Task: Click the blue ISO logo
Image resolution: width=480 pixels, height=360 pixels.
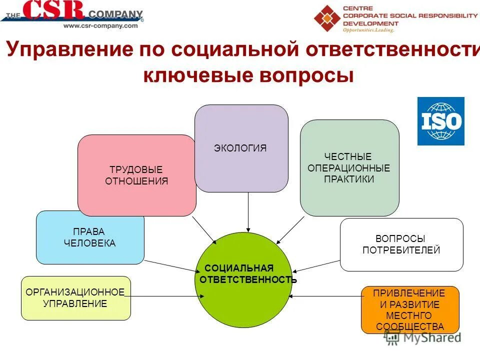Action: pos(440,121)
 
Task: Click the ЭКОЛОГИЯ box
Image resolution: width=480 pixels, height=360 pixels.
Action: pos(241,148)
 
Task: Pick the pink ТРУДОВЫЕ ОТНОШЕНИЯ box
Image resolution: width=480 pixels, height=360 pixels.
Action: pos(136,175)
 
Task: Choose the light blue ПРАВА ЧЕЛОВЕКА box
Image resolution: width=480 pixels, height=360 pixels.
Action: pos(90,237)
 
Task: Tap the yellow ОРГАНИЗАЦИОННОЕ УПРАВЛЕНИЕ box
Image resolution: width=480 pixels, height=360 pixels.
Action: pos(75,298)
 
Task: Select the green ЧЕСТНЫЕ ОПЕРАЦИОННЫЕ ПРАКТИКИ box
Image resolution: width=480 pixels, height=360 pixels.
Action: pos(349,168)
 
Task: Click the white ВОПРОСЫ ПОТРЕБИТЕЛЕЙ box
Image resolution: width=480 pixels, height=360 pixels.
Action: pos(401,244)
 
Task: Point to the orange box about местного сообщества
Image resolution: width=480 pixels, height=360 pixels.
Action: pos(410,310)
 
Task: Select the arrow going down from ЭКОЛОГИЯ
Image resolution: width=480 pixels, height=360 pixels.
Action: pos(248,212)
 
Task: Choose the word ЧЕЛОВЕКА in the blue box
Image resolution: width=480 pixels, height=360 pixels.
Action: pos(90,243)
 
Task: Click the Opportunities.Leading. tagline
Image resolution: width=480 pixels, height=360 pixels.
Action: pos(368,30)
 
